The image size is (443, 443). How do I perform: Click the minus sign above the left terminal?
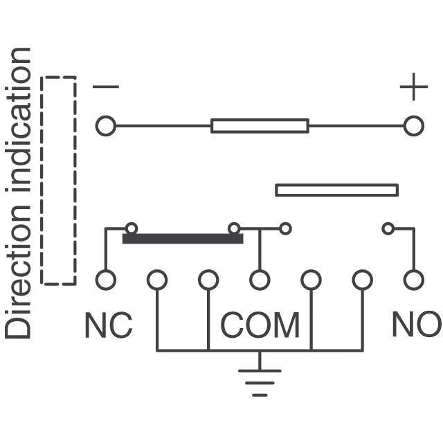pyautogui.click(x=106, y=87)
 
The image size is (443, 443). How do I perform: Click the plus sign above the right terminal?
pyautogui.click(x=413, y=88)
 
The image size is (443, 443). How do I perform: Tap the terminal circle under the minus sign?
pyautogui.click(x=105, y=127)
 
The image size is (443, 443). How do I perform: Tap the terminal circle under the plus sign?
pyautogui.click(x=413, y=127)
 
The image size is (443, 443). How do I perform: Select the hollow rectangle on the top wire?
pyautogui.click(x=260, y=126)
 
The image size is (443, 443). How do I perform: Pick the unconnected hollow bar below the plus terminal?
pyautogui.click(x=336, y=190)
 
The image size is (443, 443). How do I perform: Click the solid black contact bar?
pyautogui.click(x=183, y=239)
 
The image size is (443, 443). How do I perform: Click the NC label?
pyautogui.click(x=108, y=325)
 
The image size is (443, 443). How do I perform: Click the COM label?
pyautogui.click(x=260, y=325)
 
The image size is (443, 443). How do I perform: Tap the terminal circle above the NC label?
pyautogui.click(x=105, y=280)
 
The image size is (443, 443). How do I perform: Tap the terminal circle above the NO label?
pyautogui.click(x=413, y=280)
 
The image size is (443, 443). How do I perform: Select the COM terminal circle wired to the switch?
pyautogui.click(x=260, y=280)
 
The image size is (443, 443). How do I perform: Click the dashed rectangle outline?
pyautogui.click(x=59, y=180)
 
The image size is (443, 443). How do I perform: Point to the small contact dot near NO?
pyautogui.click(x=388, y=228)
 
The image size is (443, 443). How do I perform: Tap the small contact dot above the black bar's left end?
pyautogui.click(x=132, y=228)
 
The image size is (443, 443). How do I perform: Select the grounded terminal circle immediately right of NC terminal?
pyautogui.click(x=157, y=280)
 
